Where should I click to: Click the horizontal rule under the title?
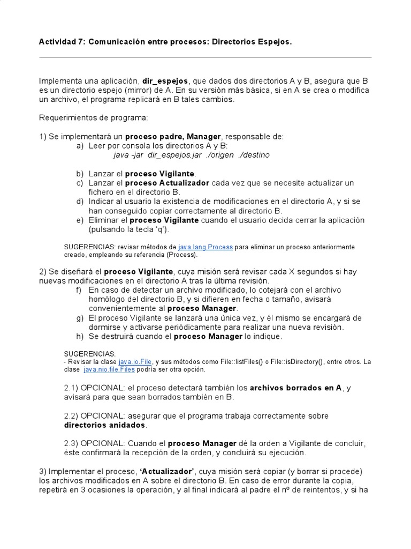tap(205, 57)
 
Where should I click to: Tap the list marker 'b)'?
tap(80, 174)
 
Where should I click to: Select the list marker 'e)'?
tap(80, 220)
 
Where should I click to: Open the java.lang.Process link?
tap(205, 247)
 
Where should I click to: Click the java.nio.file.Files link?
tap(106, 369)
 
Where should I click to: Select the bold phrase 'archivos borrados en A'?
tap(295, 388)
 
